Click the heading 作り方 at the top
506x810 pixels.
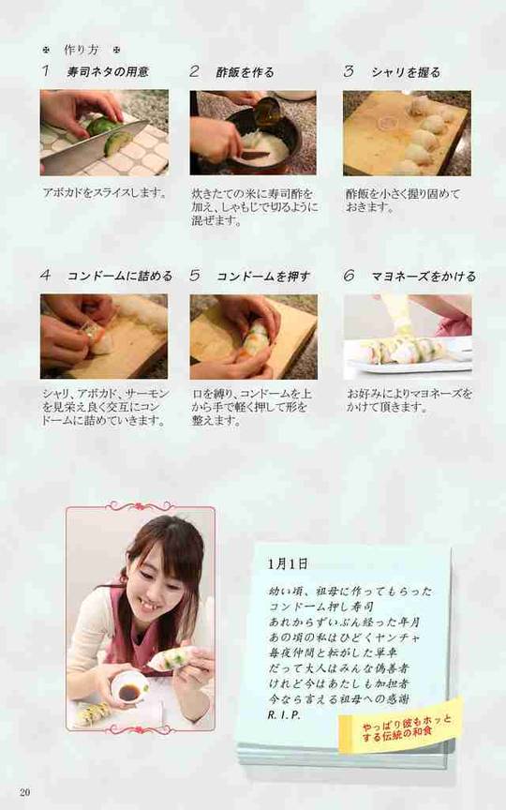82,50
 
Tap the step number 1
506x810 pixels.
46,70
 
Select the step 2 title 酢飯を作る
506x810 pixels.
246,72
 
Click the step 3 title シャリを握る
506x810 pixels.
406,72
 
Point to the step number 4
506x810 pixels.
46,276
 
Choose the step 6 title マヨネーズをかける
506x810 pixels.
424,277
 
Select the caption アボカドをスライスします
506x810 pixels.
104,194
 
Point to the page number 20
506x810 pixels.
24,792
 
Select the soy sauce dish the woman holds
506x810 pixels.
127,690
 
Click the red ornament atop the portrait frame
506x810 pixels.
140,505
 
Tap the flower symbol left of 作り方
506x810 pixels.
47,50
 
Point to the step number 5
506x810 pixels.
195,276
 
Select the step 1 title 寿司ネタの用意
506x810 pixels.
108,71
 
